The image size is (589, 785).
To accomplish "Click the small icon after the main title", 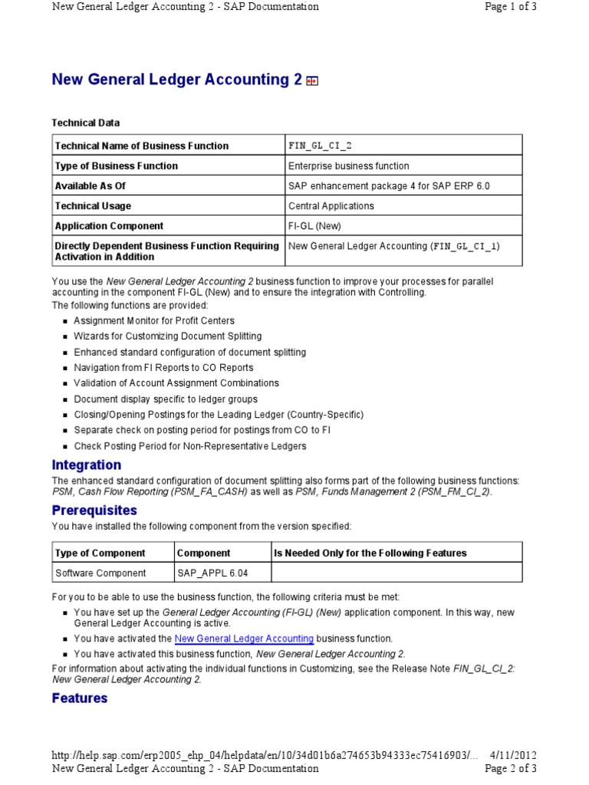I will [311, 81].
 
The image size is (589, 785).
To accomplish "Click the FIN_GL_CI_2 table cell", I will [320, 146].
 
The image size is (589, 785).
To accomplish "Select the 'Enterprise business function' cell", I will [348, 166].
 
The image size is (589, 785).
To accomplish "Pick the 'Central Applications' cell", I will [331, 205].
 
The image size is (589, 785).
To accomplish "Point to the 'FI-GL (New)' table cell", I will [314, 226].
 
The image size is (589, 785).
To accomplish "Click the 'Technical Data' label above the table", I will [85, 123].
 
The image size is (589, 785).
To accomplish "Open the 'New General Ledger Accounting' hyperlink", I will [244, 638].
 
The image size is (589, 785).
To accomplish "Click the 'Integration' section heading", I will [86, 465].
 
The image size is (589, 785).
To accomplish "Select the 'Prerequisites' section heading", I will [94, 510].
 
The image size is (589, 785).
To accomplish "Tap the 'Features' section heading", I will [80, 698].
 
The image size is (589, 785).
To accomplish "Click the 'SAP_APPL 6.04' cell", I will [212, 573].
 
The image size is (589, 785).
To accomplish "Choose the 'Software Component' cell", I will [98, 573].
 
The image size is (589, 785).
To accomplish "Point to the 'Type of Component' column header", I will [100, 553].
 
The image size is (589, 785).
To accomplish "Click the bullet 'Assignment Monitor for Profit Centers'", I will [154, 320].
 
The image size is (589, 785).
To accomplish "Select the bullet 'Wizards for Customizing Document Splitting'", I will [167, 337].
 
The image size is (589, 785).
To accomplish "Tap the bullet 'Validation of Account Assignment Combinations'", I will [176, 383].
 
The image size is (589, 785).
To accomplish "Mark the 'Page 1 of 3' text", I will [511, 7].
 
